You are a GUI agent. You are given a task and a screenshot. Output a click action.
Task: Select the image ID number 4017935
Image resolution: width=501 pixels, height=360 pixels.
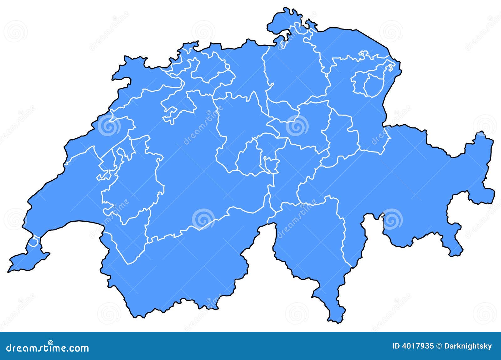tap(418, 346)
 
